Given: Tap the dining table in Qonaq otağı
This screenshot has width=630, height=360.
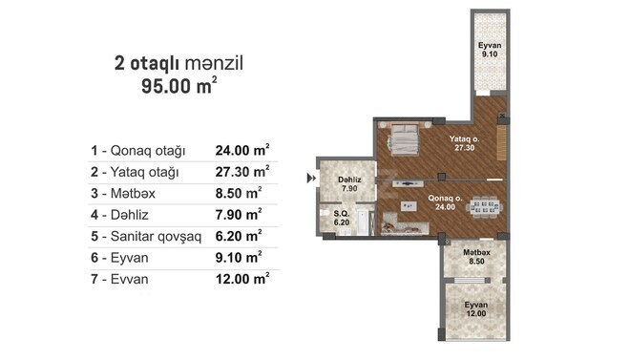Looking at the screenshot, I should tap(479, 205).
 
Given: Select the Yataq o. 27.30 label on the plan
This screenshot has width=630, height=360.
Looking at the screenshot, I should tap(464, 144).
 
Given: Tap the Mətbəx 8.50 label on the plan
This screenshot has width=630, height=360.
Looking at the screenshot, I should tap(477, 255).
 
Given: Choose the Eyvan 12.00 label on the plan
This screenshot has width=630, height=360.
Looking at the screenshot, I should tap(476, 308).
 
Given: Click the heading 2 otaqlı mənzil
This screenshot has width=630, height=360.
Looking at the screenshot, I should tap(179, 63).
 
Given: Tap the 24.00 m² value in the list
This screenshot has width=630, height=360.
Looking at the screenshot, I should tap(242, 151).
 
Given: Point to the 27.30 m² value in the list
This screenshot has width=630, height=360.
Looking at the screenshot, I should tap(242, 172).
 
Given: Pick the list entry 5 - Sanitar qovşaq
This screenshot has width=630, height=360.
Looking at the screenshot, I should tap(145, 236).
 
